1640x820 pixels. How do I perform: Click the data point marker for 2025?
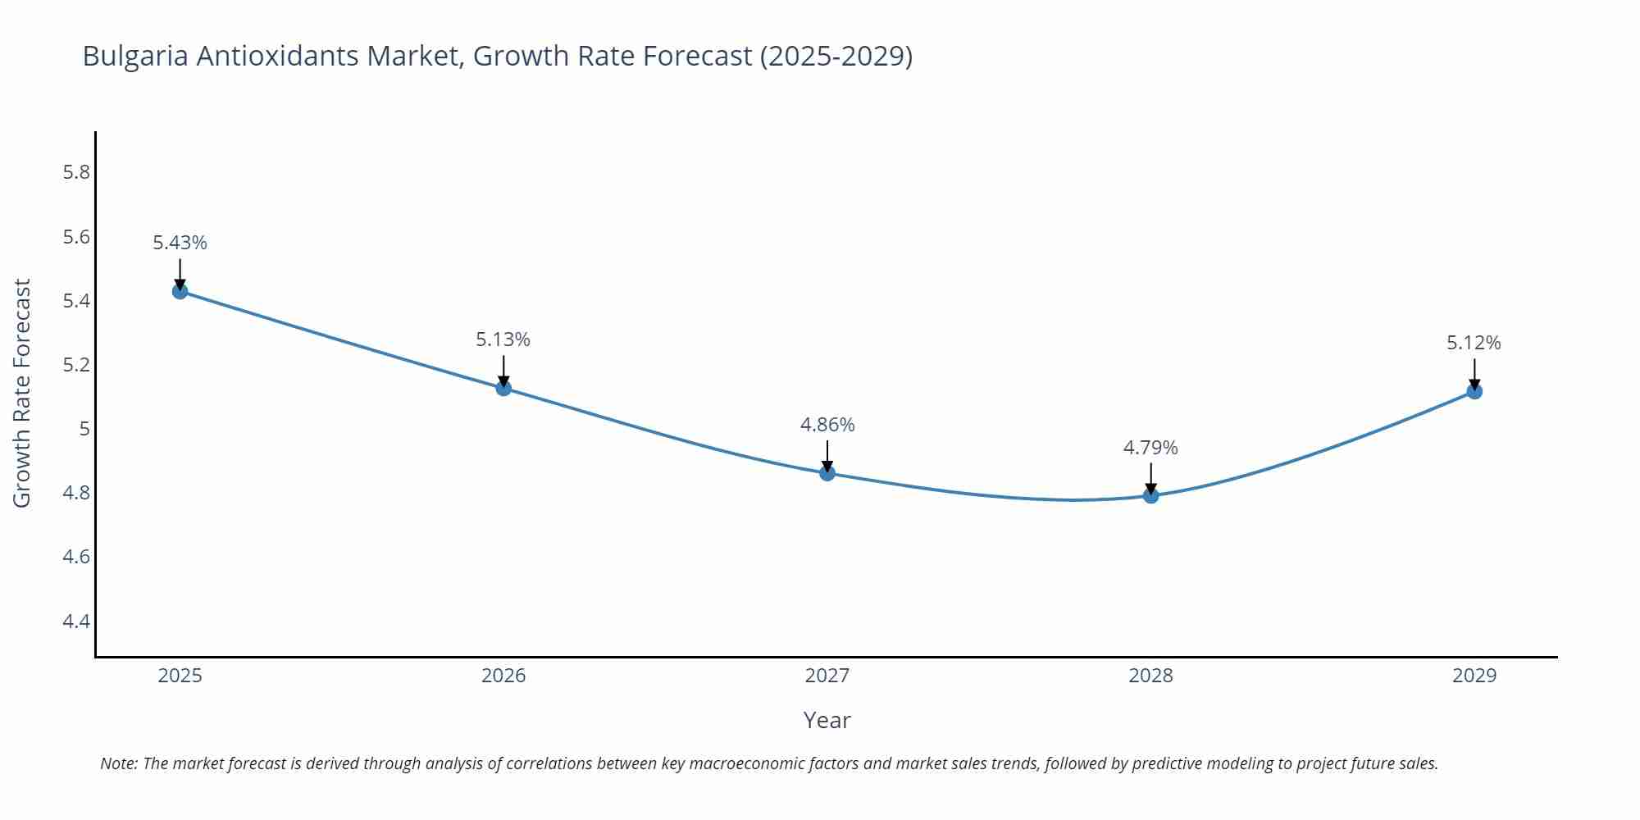point(180,291)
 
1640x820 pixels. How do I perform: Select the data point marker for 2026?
point(503,388)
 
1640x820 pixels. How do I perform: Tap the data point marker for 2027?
point(827,473)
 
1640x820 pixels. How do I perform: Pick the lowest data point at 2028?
point(1150,495)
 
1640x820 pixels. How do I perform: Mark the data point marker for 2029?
point(1474,391)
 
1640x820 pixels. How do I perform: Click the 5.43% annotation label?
point(180,243)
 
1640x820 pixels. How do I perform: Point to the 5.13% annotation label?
point(503,339)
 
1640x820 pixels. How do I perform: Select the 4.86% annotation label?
point(827,425)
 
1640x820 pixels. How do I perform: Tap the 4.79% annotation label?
point(1150,448)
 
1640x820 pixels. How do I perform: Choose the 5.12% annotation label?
point(1474,343)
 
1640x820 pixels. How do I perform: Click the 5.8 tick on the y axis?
point(76,172)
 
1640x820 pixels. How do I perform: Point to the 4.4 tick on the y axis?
point(76,621)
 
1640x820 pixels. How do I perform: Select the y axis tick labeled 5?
point(84,429)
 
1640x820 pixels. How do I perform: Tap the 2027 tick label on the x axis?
point(827,676)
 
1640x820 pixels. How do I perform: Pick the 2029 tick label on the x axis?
point(1474,676)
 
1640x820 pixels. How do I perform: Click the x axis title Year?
point(827,720)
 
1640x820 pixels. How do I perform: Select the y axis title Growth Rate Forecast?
point(22,393)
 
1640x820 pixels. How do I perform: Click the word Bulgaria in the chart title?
point(135,56)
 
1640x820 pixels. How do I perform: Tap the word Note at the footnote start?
point(118,763)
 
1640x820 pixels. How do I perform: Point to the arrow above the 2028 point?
point(1150,477)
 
